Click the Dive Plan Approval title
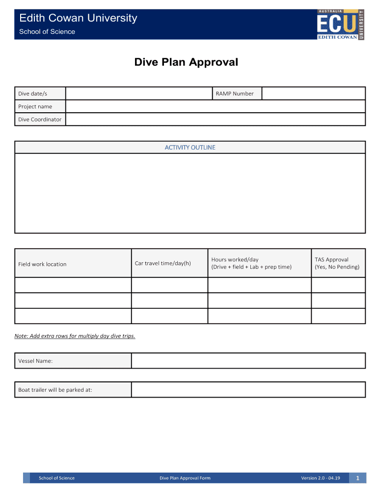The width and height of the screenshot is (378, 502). point(186,62)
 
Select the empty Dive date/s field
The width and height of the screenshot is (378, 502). point(138,94)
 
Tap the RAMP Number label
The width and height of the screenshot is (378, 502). point(235,94)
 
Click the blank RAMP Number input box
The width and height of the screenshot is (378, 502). point(313,94)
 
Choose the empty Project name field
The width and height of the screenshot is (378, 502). point(215,106)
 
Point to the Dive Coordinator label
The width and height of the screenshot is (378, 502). point(40,119)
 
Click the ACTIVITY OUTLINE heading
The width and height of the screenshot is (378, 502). point(190,147)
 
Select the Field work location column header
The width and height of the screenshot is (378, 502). point(42,264)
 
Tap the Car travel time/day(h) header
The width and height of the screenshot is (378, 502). point(162,263)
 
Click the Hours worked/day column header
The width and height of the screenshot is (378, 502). point(251,263)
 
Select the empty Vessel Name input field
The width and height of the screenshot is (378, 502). point(248,361)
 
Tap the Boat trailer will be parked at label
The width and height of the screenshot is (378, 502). point(55,390)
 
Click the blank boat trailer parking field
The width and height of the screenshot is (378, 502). point(248,390)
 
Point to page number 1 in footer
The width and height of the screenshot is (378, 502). point(358,478)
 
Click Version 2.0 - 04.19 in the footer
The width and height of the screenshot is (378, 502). point(320,478)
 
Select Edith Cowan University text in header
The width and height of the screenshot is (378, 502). point(78,18)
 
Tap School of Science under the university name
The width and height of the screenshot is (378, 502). point(47,32)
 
